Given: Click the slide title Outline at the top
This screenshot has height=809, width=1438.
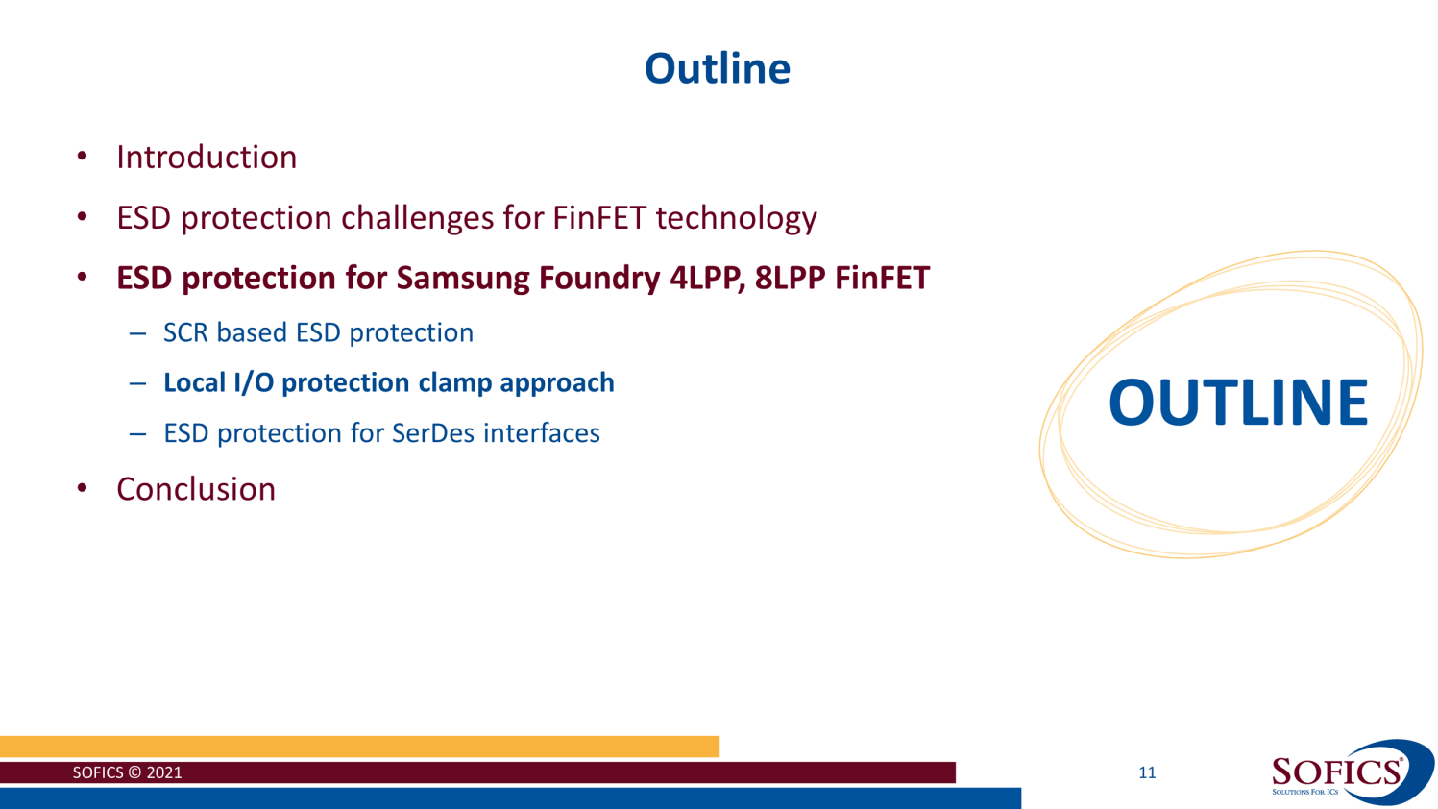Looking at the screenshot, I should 717,69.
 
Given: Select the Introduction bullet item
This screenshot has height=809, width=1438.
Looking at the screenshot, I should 207,158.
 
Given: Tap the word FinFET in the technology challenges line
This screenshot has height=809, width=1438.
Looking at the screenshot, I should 599,218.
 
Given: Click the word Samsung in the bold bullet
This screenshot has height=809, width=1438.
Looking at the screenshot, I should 463,278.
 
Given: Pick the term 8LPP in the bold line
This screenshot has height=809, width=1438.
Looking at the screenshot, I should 790,278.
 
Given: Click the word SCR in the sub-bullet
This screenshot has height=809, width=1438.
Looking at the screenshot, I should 186,332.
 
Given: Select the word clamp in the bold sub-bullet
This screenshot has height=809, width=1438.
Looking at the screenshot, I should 455,382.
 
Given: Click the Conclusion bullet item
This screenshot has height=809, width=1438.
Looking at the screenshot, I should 196,489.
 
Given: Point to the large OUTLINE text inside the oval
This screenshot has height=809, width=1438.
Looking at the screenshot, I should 1237,403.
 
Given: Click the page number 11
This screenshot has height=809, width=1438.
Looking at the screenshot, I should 1147,772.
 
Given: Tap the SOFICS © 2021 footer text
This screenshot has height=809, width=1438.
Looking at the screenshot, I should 127,772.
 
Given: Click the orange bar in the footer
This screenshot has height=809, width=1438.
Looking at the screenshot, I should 359,747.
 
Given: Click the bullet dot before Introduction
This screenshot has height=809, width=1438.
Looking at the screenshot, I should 83,158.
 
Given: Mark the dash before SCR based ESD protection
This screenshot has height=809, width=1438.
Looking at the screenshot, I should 138,333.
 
